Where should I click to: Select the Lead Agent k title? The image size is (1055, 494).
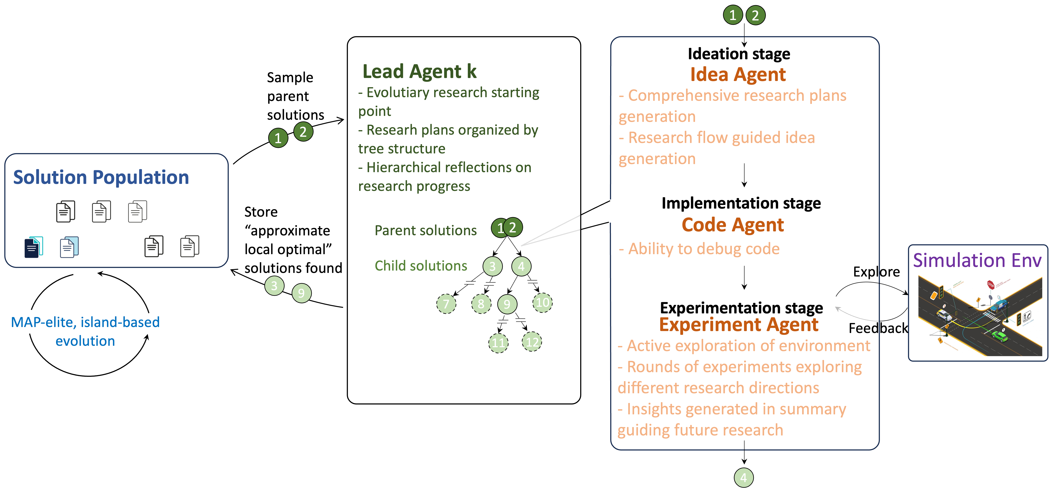click(419, 72)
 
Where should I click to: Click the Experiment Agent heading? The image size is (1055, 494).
click(738, 325)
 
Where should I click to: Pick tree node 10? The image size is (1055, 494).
click(542, 302)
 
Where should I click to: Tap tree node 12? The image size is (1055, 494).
click(532, 342)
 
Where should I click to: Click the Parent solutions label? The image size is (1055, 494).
click(426, 230)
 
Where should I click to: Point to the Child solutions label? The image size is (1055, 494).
click(421, 266)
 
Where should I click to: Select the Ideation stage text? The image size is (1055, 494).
click(739, 54)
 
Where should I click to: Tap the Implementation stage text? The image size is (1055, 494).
click(741, 203)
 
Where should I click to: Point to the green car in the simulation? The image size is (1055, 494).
click(999, 336)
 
